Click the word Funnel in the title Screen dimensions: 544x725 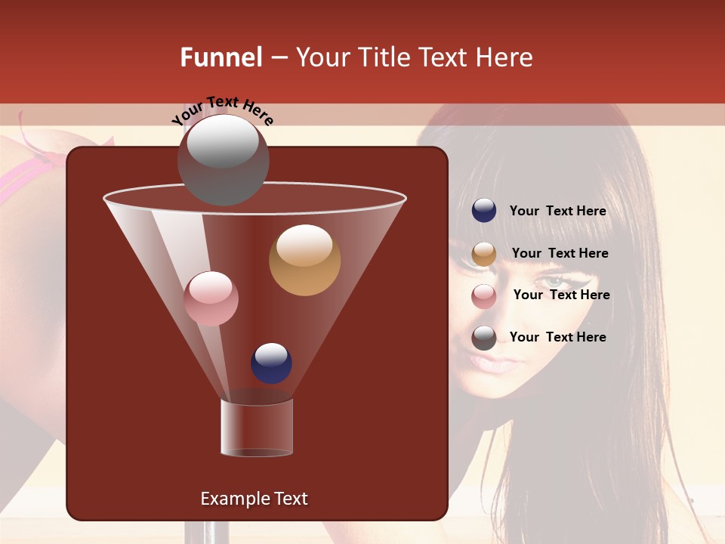tap(221, 57)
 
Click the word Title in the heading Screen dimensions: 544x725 tap(384, 57)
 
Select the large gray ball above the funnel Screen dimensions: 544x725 tap(223, 159)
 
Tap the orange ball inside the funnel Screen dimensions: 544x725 tap(304, 259)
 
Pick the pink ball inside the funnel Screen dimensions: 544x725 tap(211, 298)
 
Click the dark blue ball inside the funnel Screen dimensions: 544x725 tap(271, 363)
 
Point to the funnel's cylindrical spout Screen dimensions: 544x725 tap(257, 428)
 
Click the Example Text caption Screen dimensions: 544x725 tap(254, 499)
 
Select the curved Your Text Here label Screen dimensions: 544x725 tap(222, 111)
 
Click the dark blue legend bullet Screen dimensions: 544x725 tap(484, 211)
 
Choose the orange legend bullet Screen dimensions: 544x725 tap(484, 254)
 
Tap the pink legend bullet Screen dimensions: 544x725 tap(484, 296)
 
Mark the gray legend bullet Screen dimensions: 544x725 tap(484, 338)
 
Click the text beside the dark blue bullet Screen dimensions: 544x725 tap(557, 212)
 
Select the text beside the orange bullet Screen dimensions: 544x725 tap(560, 253)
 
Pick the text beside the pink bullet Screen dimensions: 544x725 tap(561, 295)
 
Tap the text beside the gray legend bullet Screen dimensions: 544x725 tap(557, 337)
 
